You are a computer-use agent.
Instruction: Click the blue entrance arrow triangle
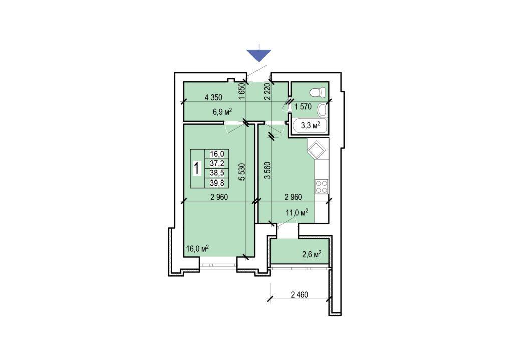[259, 54]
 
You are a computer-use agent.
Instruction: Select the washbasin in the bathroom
[322, 110]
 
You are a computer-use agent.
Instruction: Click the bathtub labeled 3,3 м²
[310, 126]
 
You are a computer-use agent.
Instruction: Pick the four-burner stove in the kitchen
[321, 187]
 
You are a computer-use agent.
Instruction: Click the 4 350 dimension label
[213, 97]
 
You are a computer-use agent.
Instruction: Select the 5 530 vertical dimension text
[242, 172]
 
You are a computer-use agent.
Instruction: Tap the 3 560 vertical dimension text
[268, 170]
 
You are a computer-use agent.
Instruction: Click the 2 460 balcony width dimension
[300, 295]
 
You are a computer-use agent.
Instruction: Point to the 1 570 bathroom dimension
[303, 106]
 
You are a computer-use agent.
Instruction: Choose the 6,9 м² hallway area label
[222, 112]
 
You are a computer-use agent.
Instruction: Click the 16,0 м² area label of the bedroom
[197, 248]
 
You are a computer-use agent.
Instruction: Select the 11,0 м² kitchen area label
[297, 212]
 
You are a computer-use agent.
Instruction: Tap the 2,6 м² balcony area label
[311, 254]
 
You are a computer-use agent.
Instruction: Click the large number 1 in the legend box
[197, 169]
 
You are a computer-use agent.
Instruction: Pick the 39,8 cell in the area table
[217, 183]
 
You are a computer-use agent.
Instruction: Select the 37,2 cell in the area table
[217, 163]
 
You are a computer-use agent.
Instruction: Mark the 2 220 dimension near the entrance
[267, 91]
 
